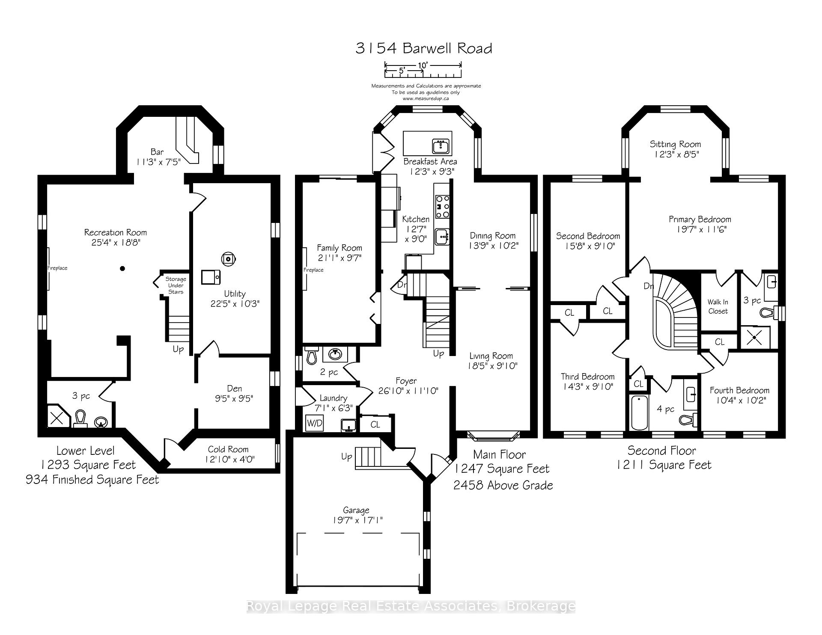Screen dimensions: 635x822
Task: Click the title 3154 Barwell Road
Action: click(423, 48)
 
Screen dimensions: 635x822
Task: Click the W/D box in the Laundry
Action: click(315, 423)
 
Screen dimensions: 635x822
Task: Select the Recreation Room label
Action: click(115, 232)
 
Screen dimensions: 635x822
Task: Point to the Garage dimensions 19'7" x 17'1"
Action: click(356, 520)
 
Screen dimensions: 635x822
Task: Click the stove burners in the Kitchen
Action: click(442, 206)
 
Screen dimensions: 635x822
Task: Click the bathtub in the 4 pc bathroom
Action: click(639, 412)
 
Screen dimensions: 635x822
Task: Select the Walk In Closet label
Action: click(718, 306)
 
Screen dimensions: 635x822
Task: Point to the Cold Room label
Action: click(228, 449)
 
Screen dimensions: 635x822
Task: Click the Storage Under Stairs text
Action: click(176, 285)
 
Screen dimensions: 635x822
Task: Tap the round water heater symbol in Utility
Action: click(228, 258)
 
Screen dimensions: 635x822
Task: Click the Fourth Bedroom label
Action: click(739, 390)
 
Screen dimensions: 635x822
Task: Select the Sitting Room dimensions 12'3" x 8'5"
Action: click(676, 154)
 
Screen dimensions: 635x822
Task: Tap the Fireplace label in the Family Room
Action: click(313, 270)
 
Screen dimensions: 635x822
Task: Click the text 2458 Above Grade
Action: click(503, 485)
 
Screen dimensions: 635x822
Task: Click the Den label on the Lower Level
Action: click(234, 389)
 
